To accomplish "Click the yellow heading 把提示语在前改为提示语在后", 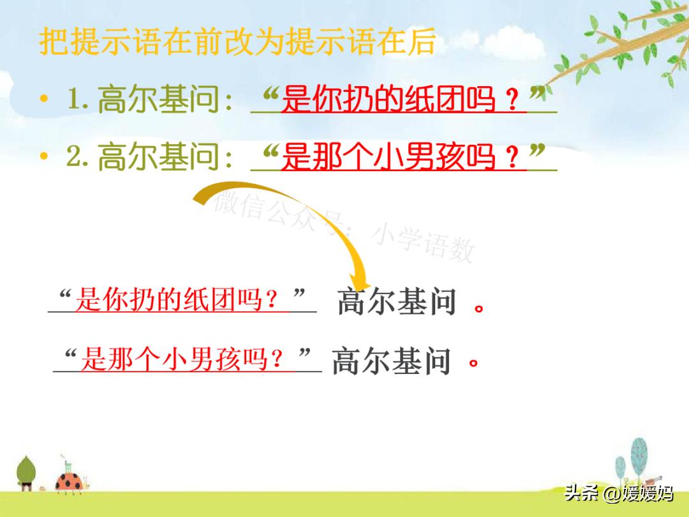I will (x=237, y=42).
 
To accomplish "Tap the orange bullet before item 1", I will (x=43, y=100).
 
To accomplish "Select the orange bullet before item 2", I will (x=43, y=156).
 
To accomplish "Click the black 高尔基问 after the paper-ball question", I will (x=397, y=302).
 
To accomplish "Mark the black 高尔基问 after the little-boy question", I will (x=392, y=361).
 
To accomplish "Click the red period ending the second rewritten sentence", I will (x=473, y=366).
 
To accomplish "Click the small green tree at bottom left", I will (x=26, y=473).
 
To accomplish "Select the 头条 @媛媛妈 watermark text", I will (x=618, y=493).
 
